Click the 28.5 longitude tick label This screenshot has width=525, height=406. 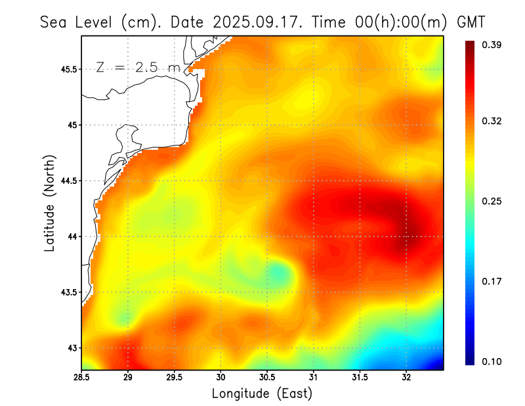(x=82, y=377)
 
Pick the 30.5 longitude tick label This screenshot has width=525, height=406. (x=267, y=377)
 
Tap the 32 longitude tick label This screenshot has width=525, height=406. (x=406, y=377)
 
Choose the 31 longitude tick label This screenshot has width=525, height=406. (x=314, y=377)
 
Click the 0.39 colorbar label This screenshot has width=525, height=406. (x=492, y=45)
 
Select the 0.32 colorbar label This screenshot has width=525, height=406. (x=492, y=121)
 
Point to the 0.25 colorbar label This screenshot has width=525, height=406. (x=492, y=201)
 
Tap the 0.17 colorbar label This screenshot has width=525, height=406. (x=492, y=281)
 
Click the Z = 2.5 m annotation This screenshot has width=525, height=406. (x=137, y=67)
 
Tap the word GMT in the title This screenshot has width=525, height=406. (x=471, y=22)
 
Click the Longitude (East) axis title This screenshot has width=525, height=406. (x=262, y=393)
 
